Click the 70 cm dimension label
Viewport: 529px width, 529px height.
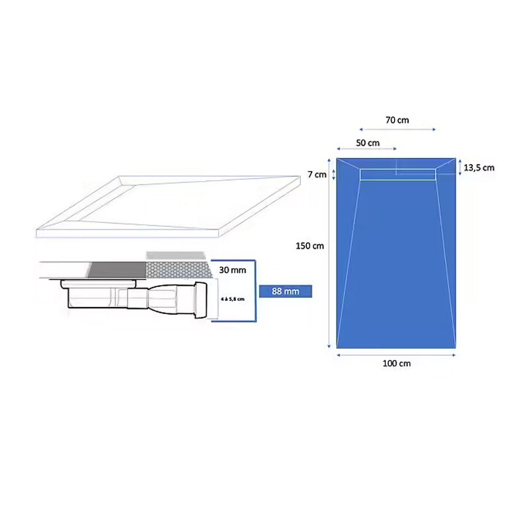397,120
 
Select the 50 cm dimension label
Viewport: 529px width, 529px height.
368,143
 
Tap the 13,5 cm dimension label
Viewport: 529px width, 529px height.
479,168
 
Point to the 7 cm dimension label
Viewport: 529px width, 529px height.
317,175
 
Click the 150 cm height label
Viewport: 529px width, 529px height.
309,246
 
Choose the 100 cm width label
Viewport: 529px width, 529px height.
396,363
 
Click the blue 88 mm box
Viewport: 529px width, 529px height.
286,291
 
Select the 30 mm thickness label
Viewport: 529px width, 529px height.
233,270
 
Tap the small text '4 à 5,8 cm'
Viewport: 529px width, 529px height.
233,299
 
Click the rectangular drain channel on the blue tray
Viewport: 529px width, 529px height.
398,175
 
